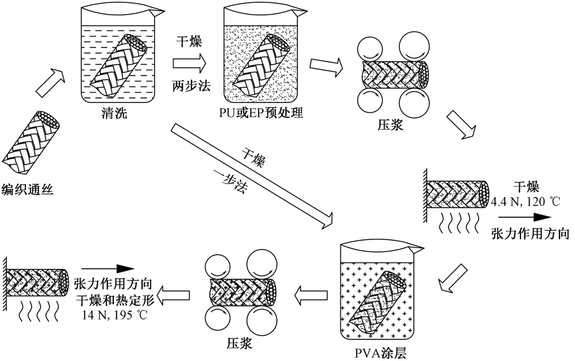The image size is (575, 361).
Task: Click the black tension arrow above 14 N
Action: (108, 268)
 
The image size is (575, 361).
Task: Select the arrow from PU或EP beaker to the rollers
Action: (325, 65)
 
